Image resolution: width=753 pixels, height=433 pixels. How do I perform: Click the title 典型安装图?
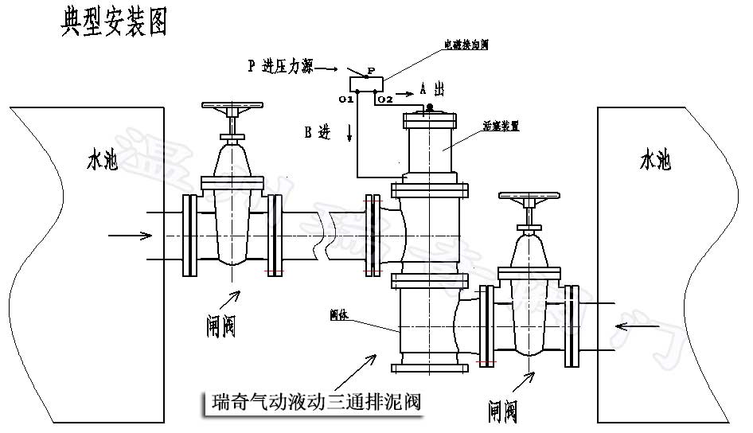(114, 23)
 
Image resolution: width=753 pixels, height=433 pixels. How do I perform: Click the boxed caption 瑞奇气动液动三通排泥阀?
(310, 403)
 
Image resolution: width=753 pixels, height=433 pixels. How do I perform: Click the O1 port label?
(345, 99)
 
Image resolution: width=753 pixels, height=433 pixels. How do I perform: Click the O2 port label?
(384, 99)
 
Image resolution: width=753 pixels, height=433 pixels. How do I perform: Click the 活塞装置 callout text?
(501, 126)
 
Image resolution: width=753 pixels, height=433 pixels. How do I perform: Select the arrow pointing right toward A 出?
(405, 93)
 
